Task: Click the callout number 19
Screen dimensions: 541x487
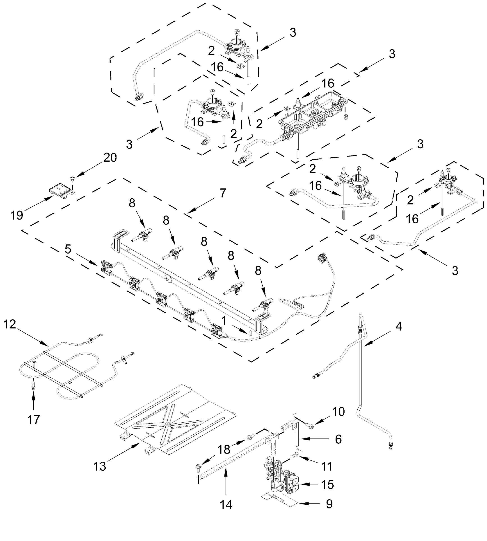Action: pos(17,215)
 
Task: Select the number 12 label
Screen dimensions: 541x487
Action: pos(10,325)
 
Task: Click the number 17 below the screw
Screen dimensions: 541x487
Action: pos(33,420)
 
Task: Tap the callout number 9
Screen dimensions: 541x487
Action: pos(329,504)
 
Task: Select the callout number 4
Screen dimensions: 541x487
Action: pos(399,326)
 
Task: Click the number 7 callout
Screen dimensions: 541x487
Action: pos(223,193)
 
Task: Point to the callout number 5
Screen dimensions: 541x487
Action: pos(68,249)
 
